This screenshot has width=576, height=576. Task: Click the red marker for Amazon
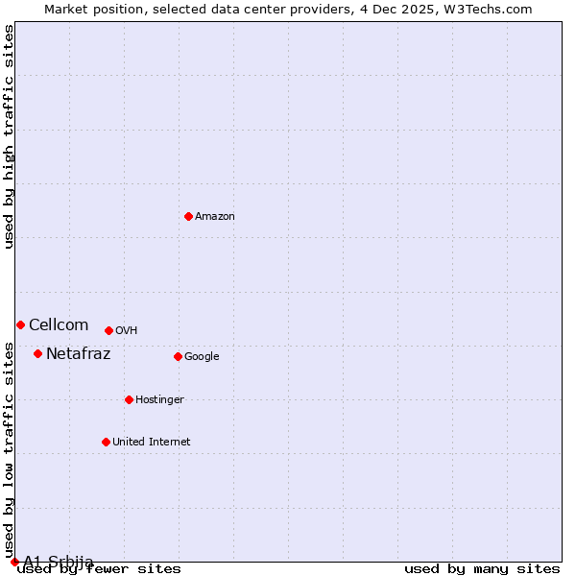click(188, 216)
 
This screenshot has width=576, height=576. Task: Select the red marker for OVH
click(108, 330)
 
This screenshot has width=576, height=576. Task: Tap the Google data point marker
click(178, 356)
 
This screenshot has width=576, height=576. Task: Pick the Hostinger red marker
click(129, 399)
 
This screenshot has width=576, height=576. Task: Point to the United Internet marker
click(106, 442)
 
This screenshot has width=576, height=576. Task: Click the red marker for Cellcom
click(20, 324)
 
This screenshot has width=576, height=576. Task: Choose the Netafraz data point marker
click(37, 353)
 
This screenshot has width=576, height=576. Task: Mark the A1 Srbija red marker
click(14, 562)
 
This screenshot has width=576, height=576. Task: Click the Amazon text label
click(215, 217)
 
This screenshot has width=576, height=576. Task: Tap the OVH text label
click(127, 331)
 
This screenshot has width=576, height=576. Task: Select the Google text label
click(202, 357)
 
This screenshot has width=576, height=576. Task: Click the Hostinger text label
click(159, 400)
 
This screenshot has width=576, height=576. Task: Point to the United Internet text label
click(152, 443)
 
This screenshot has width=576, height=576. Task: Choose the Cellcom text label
click(59, 325)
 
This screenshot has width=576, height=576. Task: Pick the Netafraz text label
click(79, 354)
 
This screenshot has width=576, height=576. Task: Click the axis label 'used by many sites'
click(482, 569)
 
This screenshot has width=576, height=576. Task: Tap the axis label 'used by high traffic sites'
click(10, 137)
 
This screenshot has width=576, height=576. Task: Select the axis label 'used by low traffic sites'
click(10, 443)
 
